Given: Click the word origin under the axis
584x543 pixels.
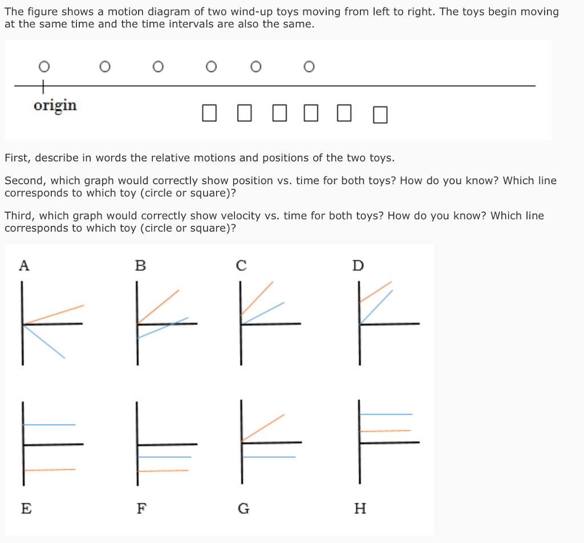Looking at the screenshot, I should coord(55,106).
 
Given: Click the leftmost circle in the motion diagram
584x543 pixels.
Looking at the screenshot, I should coord(43,67).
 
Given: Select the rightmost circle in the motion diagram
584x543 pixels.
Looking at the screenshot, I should coord(309,67).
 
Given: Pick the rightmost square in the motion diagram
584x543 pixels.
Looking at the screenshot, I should coord(380,115).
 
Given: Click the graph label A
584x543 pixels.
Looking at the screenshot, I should coord(23,265).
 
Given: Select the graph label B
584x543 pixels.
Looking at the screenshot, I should coord(140,265).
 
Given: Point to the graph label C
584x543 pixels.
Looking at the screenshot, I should coord(241,265).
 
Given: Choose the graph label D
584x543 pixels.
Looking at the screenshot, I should coord(358,265).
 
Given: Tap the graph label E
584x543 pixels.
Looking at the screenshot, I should coord(26,508).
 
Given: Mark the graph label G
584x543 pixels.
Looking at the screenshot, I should coord(243,508).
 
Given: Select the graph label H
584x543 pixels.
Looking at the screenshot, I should coord(360,508).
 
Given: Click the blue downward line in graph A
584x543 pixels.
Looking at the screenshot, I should coord(46,342).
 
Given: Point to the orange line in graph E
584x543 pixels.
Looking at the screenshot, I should coord(50,469).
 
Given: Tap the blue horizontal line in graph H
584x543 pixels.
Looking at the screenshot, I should coord(386,414).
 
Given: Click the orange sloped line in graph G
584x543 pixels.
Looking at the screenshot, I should coord(263,428).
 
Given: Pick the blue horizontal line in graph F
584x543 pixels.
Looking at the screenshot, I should coord(165,457).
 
